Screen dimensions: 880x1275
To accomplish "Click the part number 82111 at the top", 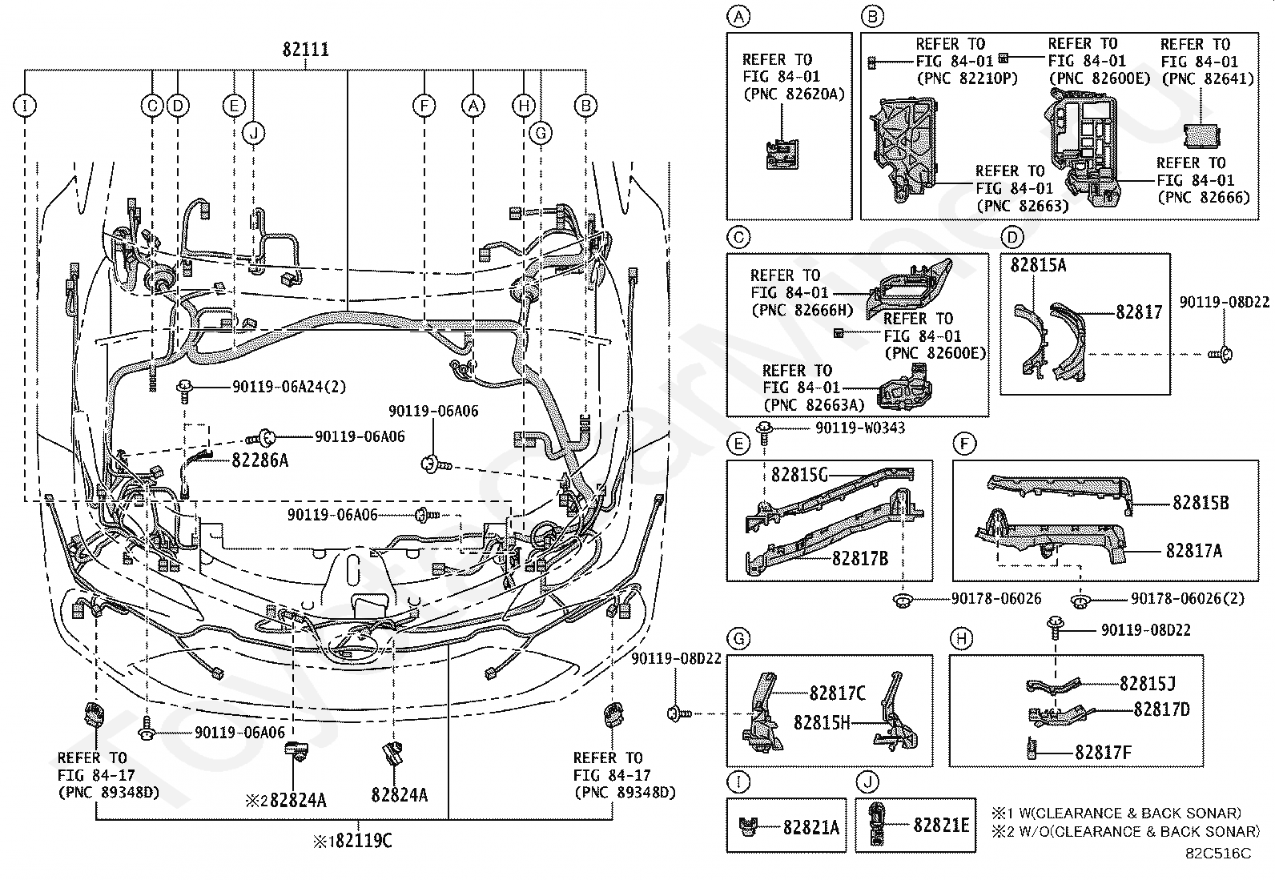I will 305,50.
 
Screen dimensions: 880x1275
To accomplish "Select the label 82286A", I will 260,460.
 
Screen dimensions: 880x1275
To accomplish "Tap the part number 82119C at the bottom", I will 358,841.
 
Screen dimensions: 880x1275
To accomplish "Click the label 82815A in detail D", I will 1038,265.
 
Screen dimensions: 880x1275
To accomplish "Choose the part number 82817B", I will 860,558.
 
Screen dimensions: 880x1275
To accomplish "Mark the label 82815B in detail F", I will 1201,503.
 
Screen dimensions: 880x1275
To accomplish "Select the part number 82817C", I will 837,693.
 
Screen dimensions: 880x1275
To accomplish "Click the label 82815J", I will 1148,683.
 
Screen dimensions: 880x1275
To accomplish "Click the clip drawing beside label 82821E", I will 878,825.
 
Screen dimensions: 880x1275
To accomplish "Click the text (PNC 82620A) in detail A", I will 793,94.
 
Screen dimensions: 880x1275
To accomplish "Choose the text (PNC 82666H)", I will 801,310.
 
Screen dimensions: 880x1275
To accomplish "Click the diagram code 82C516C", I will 1218,854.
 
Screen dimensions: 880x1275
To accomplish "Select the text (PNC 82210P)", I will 955,78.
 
